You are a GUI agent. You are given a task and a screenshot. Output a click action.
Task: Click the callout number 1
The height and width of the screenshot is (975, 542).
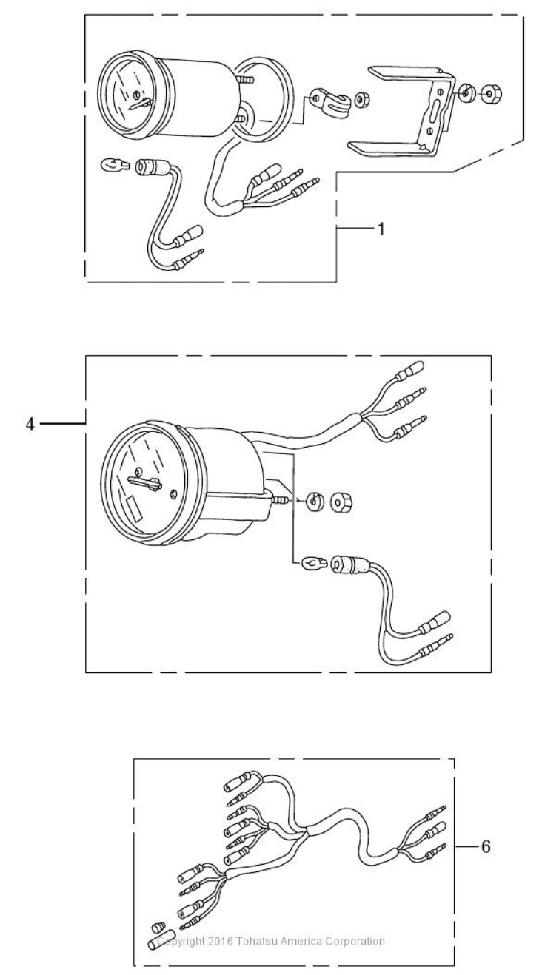[x=381, y=229]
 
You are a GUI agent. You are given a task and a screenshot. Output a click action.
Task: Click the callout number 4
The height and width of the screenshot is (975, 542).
[x=30, y=424]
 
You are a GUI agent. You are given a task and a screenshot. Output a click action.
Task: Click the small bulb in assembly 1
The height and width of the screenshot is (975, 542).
[x=116, y=166]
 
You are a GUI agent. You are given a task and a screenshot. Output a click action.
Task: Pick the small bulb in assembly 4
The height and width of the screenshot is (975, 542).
[x=313, y=564]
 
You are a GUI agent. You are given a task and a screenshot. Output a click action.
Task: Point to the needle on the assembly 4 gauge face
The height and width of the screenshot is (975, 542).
[x=144, y=482]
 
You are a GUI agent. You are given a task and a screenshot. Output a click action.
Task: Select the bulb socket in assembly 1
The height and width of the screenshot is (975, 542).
[x=151, y=168]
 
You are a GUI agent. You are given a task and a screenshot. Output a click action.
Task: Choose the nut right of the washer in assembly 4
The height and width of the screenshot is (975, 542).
[x=341, y=503]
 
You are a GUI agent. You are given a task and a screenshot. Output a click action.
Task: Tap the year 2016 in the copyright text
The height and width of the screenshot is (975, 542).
[x=221, y=941]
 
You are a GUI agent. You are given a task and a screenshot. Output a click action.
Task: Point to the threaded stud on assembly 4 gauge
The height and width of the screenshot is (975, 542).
[x=279, y=501]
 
